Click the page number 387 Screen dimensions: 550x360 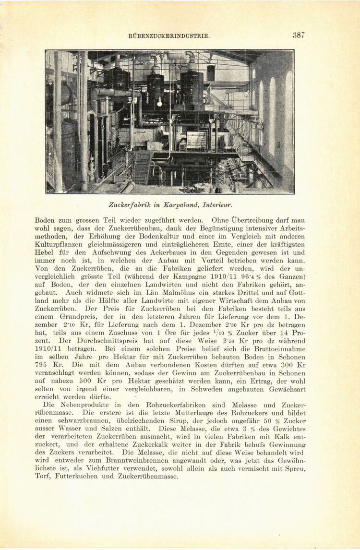coord(299,35)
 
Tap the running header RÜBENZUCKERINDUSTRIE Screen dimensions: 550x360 coord(169,36)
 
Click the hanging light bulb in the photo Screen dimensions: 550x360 coord(159,102)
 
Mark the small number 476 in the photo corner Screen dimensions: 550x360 coord(49,190)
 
